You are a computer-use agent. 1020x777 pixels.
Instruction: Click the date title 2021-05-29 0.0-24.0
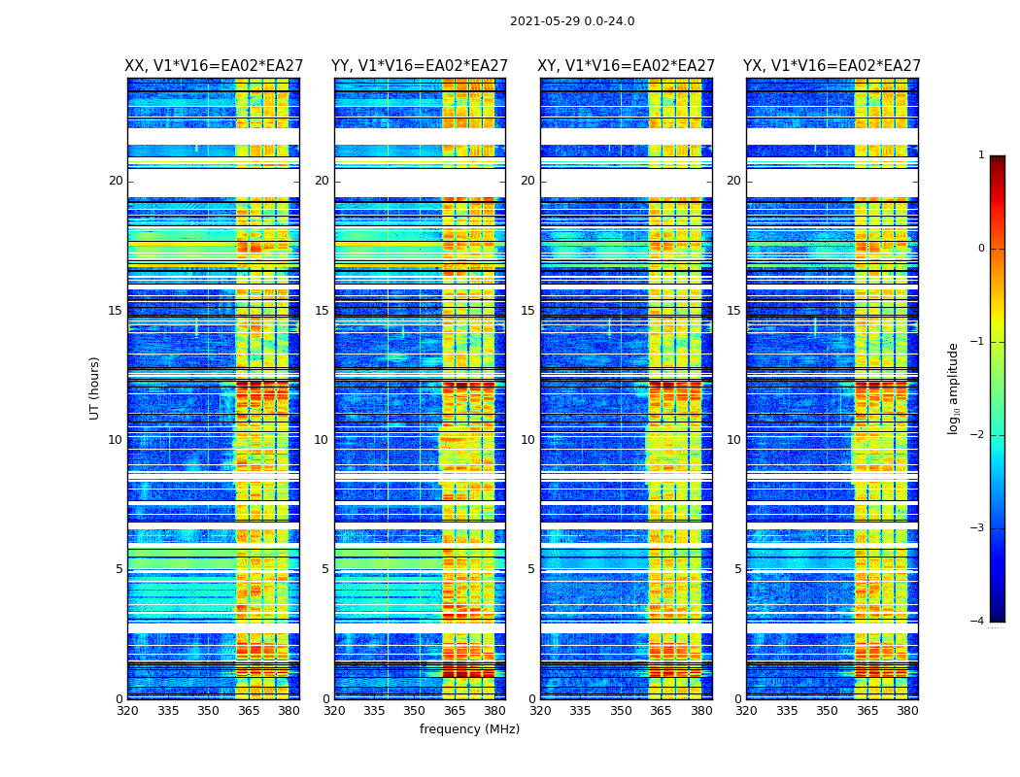click(x=572, y=21)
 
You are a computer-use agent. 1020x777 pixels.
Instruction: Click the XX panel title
click(x=214, y=66)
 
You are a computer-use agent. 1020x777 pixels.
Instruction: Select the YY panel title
click(x=420, y=66)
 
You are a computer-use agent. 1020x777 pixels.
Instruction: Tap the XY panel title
click(x=627, y=66)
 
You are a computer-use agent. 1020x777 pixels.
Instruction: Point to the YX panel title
click(x=833, y=66)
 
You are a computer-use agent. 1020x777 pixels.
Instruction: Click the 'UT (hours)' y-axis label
click(x=95, y=388)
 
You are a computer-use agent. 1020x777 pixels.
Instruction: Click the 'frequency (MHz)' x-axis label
click(x=469, y=729)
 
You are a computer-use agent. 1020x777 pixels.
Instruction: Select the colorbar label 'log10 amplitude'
click(x=954, y=388)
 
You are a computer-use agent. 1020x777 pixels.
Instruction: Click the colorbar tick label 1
click(x=981, y=155)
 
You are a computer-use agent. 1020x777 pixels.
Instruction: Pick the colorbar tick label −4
click(x=978, y=622)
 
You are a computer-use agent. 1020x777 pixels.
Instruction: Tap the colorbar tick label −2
click(x=978, y=435)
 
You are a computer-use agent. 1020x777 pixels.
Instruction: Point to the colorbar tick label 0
click(x=981, y=249)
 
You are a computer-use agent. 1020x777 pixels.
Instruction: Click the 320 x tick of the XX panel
click(x=127, y=711)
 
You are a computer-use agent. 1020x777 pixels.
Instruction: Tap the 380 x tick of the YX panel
click(x=907, y=711)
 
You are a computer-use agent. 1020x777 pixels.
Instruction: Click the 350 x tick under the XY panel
click(x=621, y=711)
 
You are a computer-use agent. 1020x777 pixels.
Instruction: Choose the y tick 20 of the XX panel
click(x=116, y=181)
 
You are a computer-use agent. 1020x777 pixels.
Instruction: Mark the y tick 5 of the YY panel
click(x=325, y=569)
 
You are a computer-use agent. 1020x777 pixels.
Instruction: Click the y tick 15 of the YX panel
click(x=733, y=311)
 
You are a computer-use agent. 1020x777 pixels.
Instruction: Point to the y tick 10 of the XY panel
click(x=527, y=440)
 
